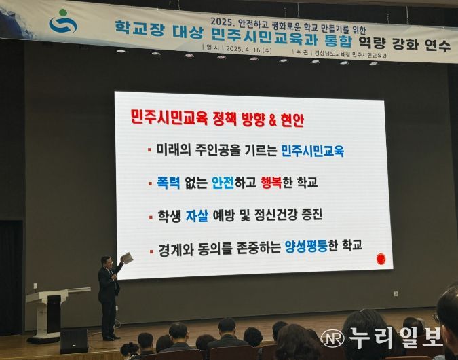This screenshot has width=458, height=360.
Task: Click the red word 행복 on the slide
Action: click(275, 182)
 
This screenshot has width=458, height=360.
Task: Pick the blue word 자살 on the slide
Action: click(195, 216)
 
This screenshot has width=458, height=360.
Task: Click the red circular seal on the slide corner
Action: click(380, 259)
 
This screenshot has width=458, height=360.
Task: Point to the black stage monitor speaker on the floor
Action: click(74, 340)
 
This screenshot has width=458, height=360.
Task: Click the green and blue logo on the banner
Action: click(63, 22)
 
